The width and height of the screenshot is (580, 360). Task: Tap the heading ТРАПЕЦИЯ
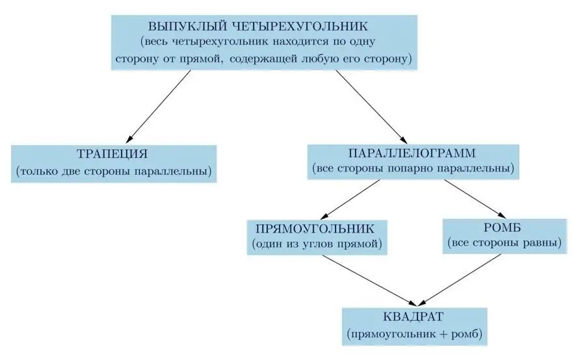112,154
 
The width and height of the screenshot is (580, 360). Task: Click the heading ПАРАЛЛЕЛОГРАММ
412,153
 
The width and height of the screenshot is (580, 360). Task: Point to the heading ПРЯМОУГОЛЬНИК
315,229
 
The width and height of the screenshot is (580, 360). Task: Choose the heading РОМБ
503,227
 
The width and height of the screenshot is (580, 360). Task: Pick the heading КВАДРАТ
413,317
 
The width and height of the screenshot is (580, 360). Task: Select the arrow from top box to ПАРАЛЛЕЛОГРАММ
371,107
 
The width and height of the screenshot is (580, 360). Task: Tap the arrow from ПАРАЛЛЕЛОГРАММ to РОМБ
475,199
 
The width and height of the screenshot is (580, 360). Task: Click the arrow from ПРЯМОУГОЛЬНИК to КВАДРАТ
370,281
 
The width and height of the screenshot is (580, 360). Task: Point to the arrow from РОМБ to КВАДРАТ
460,280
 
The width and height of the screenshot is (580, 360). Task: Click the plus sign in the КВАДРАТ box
444,334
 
